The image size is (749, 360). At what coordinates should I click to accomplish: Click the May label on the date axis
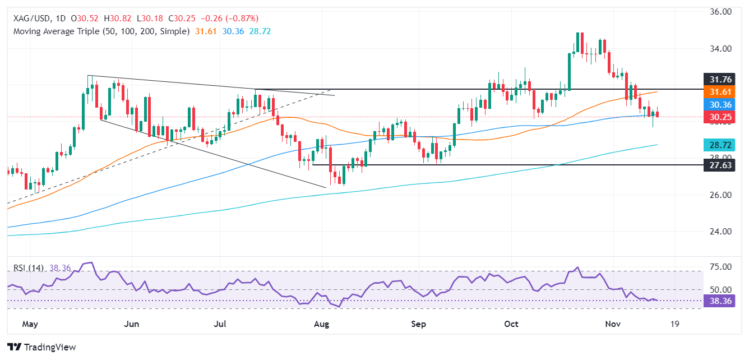click(x=30, y=324)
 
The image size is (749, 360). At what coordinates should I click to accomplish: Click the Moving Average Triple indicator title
click(x=101, y=31)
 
